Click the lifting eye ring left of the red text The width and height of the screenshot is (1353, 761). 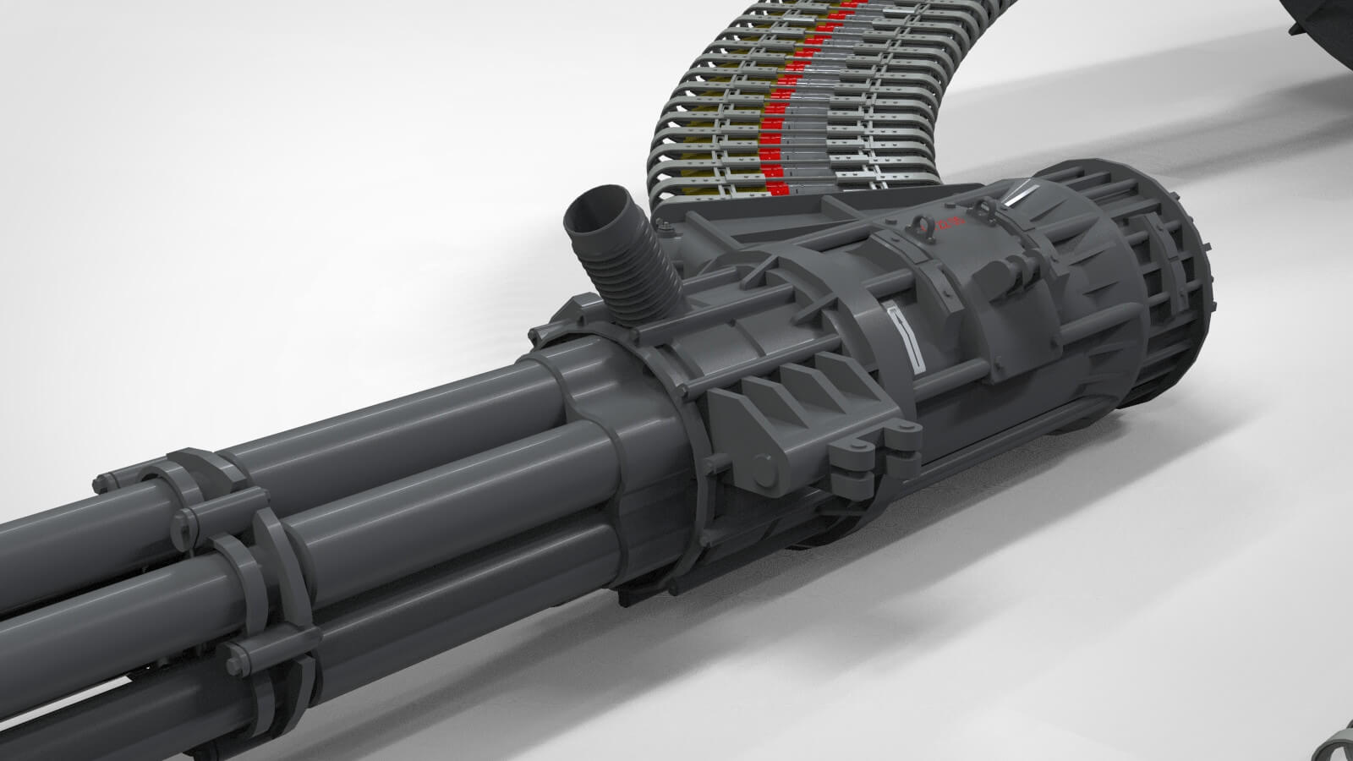tap(920, 226)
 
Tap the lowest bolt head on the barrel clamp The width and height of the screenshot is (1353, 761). tap(232, 652)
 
